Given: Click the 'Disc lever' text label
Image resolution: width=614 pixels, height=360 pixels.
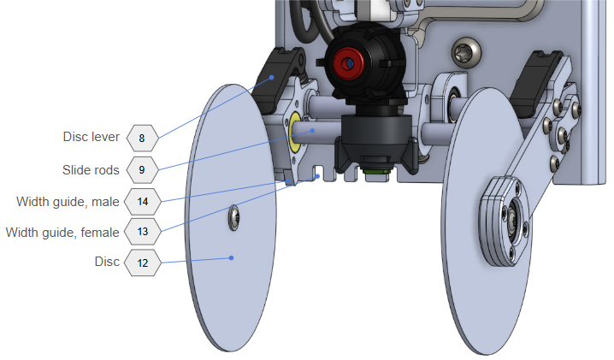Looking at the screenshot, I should pyautogui.click(x=91, y=137).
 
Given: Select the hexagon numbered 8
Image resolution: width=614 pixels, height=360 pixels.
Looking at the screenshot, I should pyautogui.click(x=142, y=137).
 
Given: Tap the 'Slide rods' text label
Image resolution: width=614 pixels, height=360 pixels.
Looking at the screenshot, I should pyautogui.click(x=91, y=170).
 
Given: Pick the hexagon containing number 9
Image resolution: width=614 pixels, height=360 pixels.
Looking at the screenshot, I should pyautogui.click(x=142, y=170).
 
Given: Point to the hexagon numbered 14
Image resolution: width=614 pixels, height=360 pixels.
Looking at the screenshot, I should pyautogui.click(x=142, y=203).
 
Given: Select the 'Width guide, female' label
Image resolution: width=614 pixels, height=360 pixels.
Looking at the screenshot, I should pyautogui.click(x=62, y=232).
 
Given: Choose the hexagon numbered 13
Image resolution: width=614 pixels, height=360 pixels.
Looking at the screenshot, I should pyautogui.click(x=142, y=232).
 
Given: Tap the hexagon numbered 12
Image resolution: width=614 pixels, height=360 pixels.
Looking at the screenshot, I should pyautogui.click(x=142, y=263).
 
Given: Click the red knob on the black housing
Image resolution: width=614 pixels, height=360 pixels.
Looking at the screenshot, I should pyautogui.click(x=349, y=62).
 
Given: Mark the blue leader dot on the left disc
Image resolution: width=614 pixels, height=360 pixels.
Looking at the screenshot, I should pyautogui.click(x=231, y=257).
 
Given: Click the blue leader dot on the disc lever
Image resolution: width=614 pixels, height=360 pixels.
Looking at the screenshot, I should pyautogui.click(x=272, y=77).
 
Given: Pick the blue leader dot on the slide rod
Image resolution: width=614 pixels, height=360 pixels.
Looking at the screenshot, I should pyautogui.click(x=313, y=130).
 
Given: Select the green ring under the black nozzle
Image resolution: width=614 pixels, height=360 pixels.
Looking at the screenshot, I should pyautogui.click(x=375, y=171).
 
